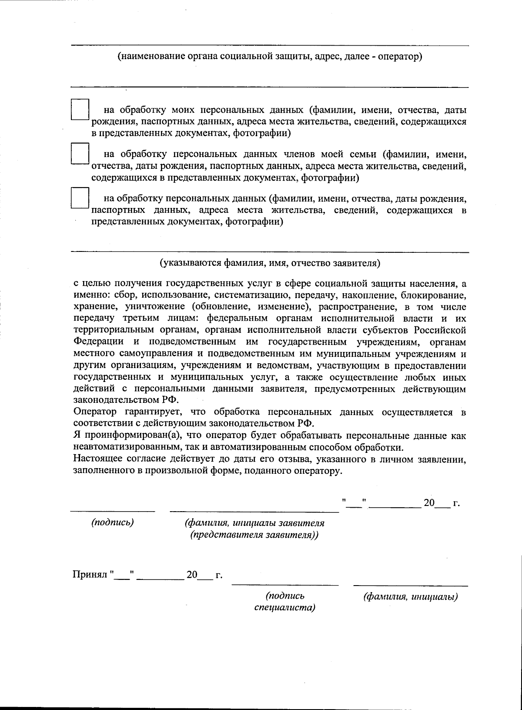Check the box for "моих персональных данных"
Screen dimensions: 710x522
80,109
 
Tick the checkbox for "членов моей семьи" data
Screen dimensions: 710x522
80,153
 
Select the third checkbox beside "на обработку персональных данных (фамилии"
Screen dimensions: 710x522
80,198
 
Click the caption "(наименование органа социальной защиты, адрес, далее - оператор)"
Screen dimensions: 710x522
270,57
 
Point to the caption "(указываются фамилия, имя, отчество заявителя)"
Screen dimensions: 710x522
270,263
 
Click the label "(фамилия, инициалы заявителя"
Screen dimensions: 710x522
254,522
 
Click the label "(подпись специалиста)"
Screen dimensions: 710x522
285,601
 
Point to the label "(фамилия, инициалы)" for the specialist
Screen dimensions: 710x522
411,597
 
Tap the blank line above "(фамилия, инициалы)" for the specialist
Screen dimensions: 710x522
411,586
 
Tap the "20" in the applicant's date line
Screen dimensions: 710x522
429,503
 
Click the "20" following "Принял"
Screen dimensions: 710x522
192,575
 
